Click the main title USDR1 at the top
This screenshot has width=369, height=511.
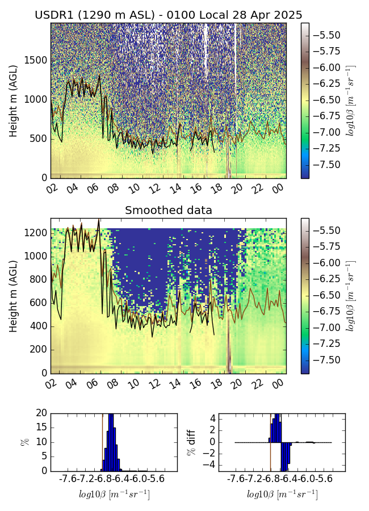[168, 15]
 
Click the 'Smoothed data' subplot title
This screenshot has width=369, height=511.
[168, 211]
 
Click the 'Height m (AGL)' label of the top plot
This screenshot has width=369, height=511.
[13, 101]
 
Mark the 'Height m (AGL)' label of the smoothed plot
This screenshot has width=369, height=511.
[13, 296]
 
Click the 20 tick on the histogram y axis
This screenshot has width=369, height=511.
[40, 413]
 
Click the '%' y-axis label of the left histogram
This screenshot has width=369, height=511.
[24, 442]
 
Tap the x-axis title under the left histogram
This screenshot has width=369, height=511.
[114, 495]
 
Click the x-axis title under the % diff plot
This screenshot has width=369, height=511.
[282, 495]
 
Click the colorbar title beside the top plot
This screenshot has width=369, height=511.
[350, 101]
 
